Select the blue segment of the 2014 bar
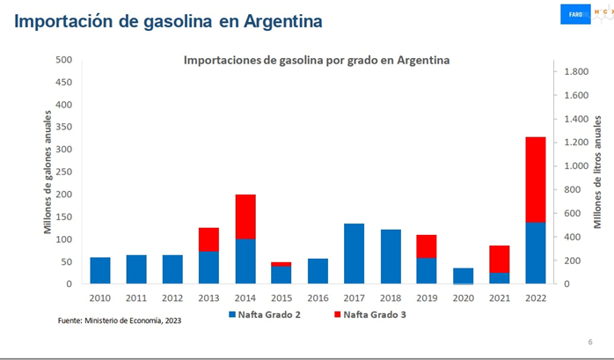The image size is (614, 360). [245, 261]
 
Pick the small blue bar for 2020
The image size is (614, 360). [462, 276]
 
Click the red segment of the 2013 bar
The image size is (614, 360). [208, 239]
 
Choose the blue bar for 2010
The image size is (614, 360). [100, 270]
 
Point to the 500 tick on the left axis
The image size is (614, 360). [63, 60]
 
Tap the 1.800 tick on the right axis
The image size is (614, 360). [576, 71]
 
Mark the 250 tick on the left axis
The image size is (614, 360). [63, 173]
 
